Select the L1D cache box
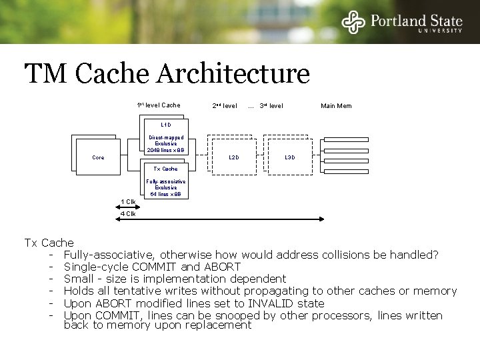tap(166, 140)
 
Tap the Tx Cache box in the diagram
tap(166, 181)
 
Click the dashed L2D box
tap(233, 157)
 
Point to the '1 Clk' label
tap(128, 201)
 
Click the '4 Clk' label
tap(128, 214)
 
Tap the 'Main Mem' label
tap(336, 106)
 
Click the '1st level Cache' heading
tap(159, 105)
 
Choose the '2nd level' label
tap(225, 106)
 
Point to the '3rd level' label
tap(271, 106)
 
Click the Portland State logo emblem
tap(353, 23)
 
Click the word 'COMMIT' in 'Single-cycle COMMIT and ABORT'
tap(158, 267)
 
